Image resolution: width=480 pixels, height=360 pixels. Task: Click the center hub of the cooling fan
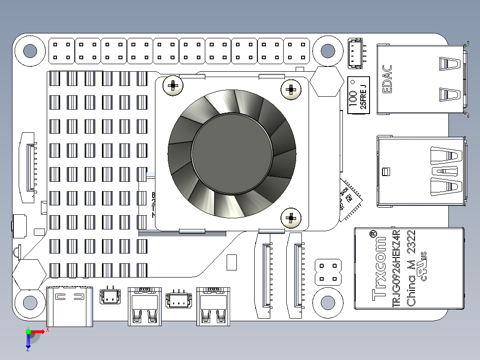tap(232, 153)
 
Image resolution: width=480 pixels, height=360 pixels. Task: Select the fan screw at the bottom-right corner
tap(290, 218)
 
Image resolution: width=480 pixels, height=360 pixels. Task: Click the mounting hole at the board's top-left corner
tap(30, 51)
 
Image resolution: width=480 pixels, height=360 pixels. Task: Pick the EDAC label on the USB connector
tap(387, 80)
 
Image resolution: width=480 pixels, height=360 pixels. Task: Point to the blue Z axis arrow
tap(28, 341)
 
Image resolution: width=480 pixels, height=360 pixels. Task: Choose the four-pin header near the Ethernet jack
tap(328, 272)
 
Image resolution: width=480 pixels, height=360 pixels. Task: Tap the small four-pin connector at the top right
tap(355, 53)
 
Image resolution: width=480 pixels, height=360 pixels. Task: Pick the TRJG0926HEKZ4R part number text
tap(396, 269)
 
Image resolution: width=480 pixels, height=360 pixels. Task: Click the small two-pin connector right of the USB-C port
tap(110, 296)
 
